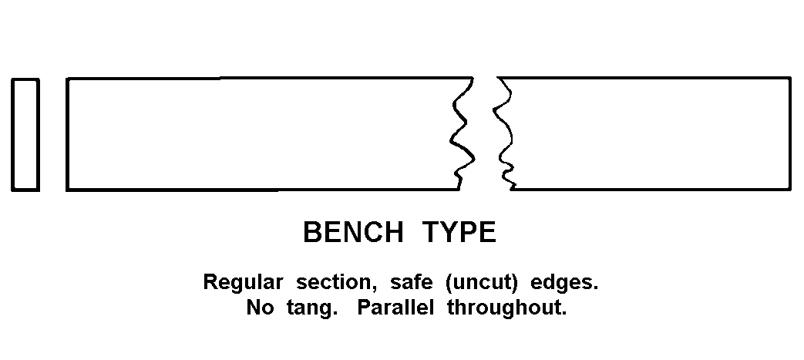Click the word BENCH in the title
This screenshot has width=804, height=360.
click(x=353, y=232)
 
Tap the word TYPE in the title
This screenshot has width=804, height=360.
click(x=459, y=232)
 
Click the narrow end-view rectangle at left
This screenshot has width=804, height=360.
click(x=25, y=134)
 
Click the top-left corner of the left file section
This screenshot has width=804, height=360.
click(x=68, y=79)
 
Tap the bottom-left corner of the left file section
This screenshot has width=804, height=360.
click(x=68, y=189)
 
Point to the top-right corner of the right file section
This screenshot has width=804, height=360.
click(x=790, y=78)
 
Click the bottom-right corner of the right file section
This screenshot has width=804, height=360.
click(x=790, y=188)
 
